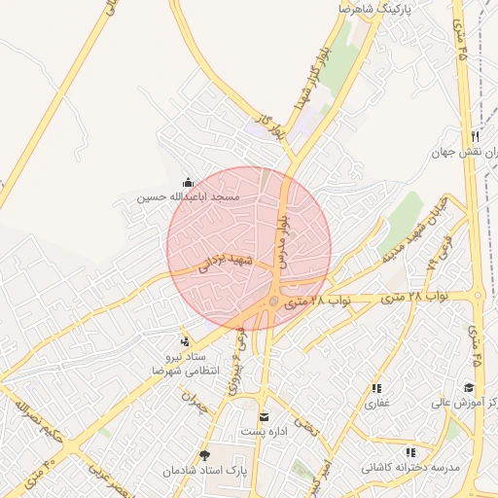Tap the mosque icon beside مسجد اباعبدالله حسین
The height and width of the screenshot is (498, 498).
coord(188,182)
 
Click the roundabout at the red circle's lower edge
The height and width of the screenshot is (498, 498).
coord(275,303)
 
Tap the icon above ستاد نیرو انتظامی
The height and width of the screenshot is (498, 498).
coord(185,340)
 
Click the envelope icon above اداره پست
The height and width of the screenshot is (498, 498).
coord(262,418)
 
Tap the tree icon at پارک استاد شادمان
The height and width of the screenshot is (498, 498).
coord(203,454)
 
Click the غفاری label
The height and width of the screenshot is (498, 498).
coord(376,402)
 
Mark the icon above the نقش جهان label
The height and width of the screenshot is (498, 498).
coord(475,137)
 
